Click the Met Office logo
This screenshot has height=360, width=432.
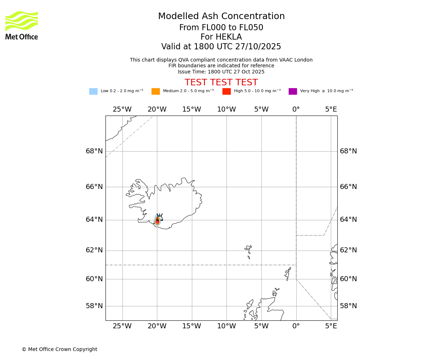click(22, 25)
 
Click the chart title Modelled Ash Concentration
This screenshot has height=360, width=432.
click(221, 17)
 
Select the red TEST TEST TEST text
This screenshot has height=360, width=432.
click(221, 83)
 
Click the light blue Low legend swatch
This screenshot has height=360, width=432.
click(93, 91)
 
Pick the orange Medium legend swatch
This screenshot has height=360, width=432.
click(156, 91)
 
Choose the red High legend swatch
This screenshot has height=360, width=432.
click(226, 91)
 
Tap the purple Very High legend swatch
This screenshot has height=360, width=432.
click(293, 91)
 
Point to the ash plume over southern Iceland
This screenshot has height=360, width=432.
click(157, 220)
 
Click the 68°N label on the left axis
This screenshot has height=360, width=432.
click(94, 151)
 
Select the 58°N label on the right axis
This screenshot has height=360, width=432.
click(348, 306)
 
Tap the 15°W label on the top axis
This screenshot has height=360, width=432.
click(192, 109)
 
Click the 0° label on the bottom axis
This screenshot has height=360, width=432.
click(296, 326)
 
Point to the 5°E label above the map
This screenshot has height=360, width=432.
click(331, 109)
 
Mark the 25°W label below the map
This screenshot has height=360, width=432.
click(122, 326)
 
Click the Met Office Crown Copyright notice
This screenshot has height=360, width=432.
click(59, 349)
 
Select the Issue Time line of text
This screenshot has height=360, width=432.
click(221, 72)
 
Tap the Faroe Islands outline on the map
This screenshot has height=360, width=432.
click(248, 251)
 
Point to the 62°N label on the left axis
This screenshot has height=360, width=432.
click(94, 250)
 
